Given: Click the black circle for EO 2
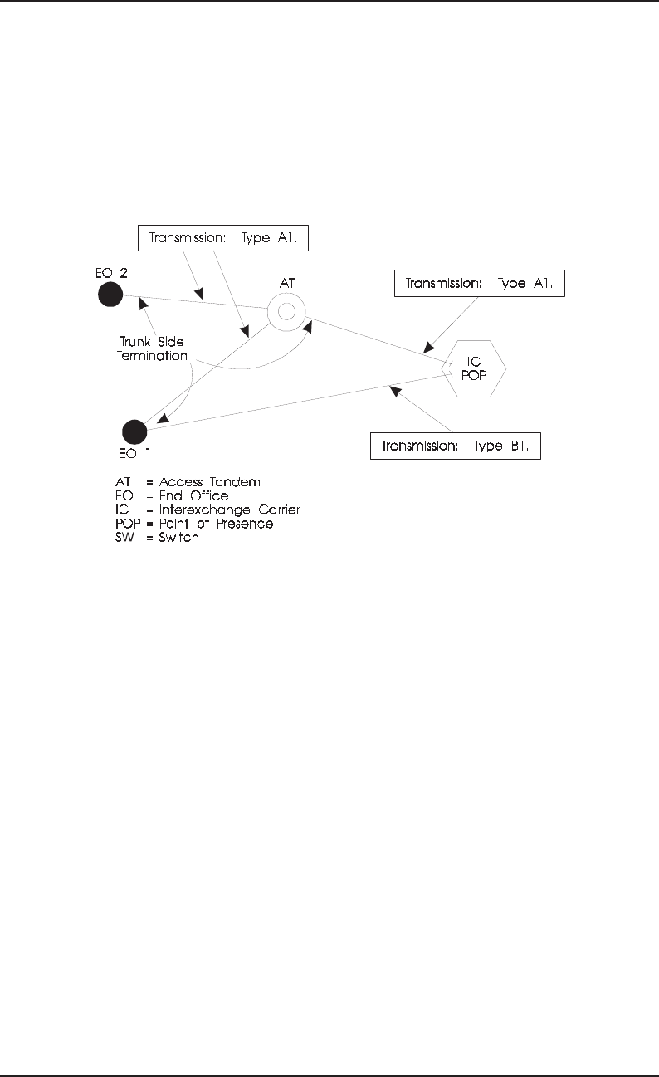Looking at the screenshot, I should click(x=110, y=295).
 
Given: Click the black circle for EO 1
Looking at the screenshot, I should click(x=134, y=431).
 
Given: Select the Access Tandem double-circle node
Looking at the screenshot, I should click(x=286, y=313).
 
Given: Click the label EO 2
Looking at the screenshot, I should click(x=111, y=271).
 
